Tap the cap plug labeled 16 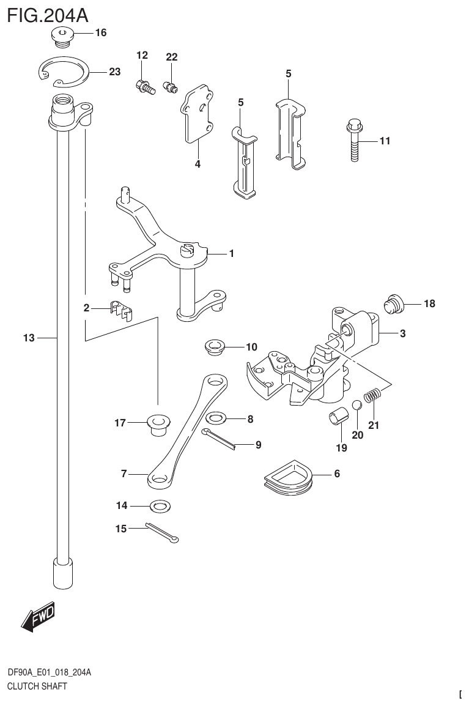click(x=62, y=36)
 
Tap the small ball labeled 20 click(x=357, y=407)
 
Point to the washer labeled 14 click(x=160, y=506)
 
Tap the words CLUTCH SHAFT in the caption click(x=37, y=686)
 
